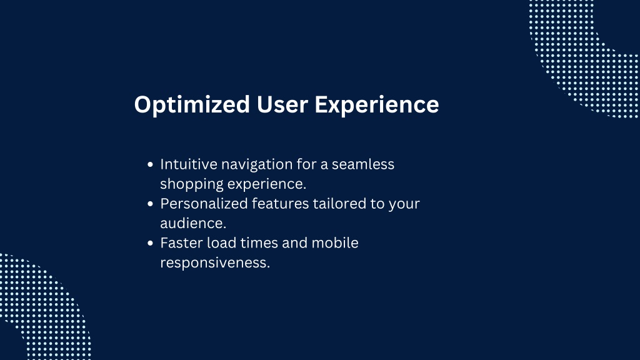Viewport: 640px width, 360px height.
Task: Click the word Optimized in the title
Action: click(x=192, y=105)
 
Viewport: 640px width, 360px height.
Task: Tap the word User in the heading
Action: click(x=282, y=104)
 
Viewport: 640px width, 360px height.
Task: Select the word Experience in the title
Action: click(x=377, y=105)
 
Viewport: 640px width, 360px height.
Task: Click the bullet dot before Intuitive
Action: click(x=150, y=164)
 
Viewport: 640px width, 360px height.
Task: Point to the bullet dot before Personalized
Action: click(x=150, y=204)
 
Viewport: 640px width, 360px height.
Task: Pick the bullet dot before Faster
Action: click(x=150, y=243)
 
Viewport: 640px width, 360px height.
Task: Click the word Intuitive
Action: click(x=189, y=164)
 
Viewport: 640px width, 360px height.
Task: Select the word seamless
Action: click(x=363, y=164)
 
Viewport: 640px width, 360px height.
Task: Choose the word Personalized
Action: click(x=204, y=203)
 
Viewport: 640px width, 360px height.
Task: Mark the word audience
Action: click(x=193, y=223)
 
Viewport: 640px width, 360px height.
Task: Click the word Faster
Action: click(x=182, y=243)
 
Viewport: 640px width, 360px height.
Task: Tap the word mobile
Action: click(x=335, y=243)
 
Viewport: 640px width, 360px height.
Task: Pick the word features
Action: click(x=280, y=203)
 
